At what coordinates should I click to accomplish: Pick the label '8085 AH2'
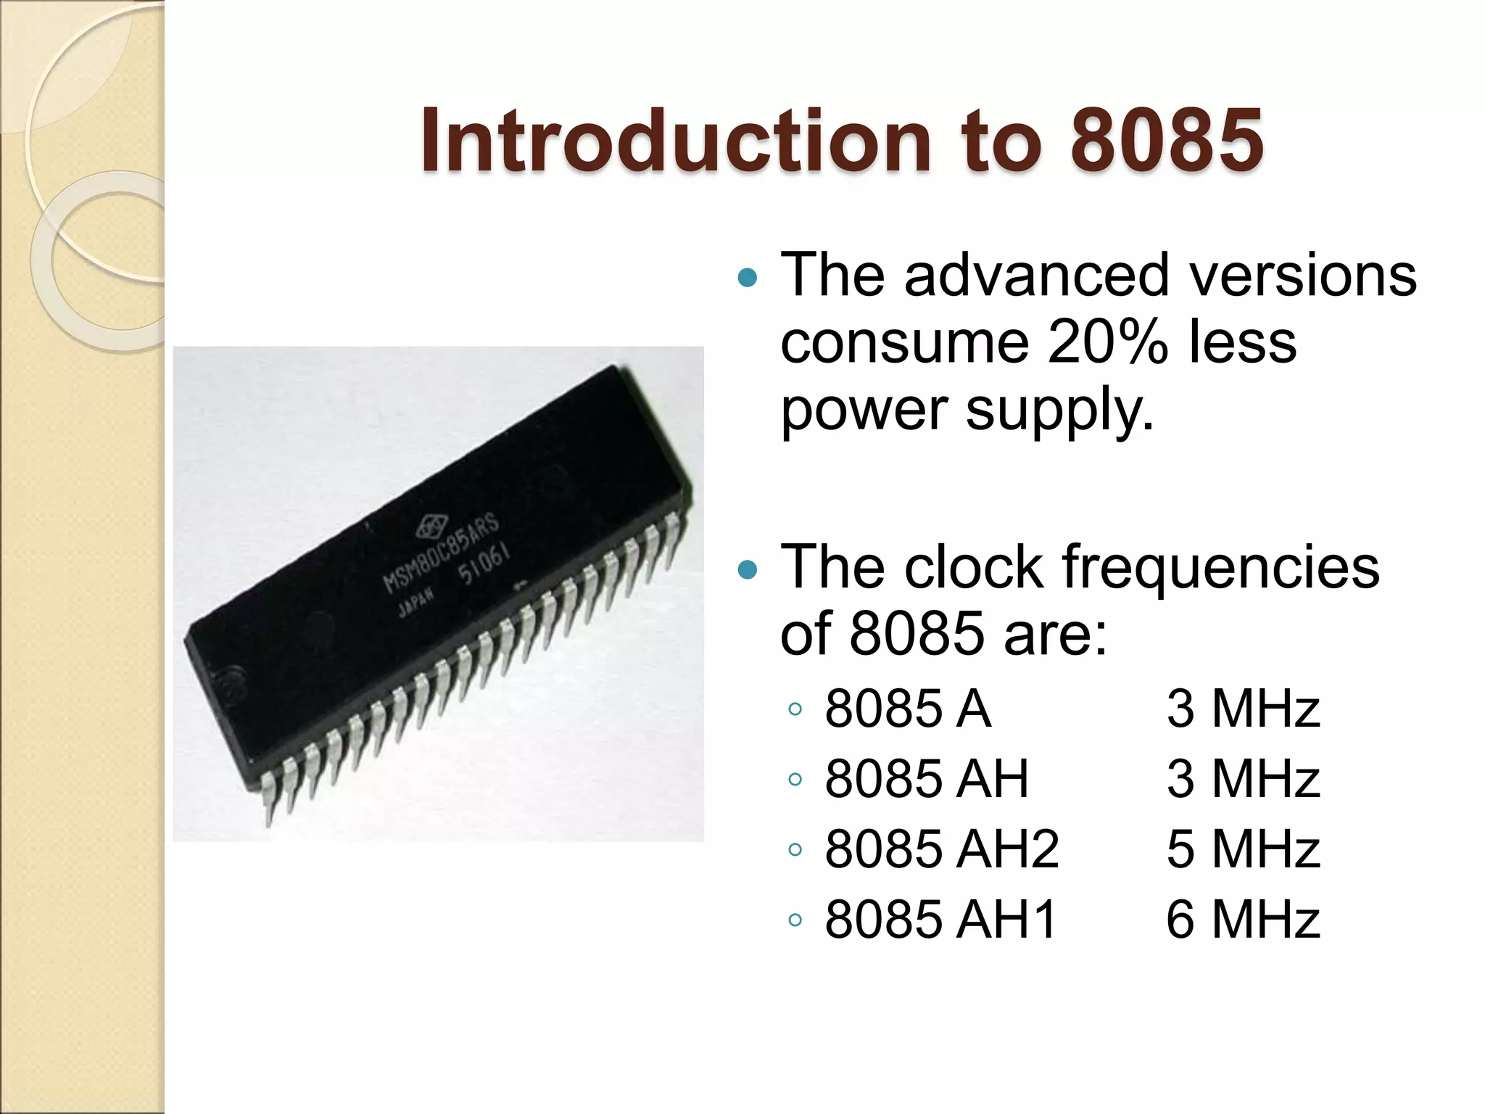click(x=941, y=849)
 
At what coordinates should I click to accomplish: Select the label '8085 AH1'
click(x=940, y=919)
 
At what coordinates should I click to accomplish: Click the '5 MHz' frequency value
click(x=1243, y=849)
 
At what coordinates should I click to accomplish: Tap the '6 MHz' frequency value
click(x=1243, y=919)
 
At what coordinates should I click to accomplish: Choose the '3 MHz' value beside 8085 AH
click(x=1243, y=778)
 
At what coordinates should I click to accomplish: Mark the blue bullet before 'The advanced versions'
click(x=746, y=277)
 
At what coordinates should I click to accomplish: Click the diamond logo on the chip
click(x=427, y=526)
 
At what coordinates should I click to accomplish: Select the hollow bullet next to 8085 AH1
click(x=795, y=920)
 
